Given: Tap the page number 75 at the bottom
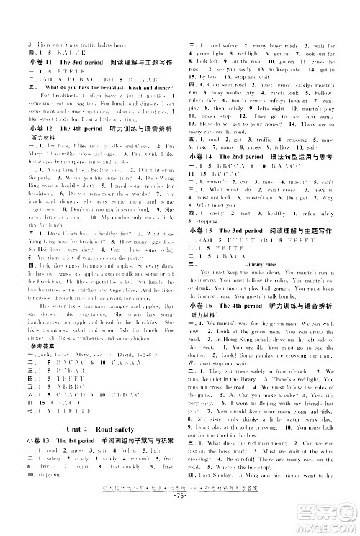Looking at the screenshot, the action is [180, 520].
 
